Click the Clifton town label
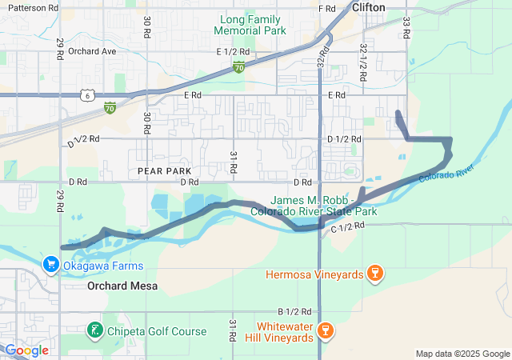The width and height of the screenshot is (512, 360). [368, 7]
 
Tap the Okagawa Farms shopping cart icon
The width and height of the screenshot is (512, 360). [50, 264]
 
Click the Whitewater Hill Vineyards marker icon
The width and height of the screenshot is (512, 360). [325, 330]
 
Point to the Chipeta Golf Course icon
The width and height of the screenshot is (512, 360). [94, 330]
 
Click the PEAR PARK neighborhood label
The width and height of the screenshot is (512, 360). [164, 171]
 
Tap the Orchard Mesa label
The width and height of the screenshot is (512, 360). [122, 286]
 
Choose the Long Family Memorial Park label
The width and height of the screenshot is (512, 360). [250, 24]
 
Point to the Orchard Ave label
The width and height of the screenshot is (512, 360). [92, 51]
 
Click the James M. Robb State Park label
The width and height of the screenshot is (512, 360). [323, 206]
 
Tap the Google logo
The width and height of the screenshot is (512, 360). [27, 350]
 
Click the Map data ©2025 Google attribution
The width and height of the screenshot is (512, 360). [462, 354]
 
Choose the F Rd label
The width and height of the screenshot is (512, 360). [326, 8]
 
